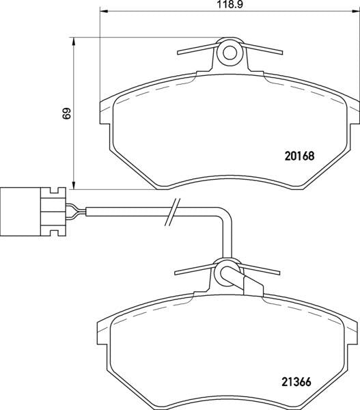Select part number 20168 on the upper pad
pos(299,155)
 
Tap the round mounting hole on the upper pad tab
pos(230,52)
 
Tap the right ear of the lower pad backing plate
pos(352,335)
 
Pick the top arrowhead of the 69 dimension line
pos(73,40)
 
